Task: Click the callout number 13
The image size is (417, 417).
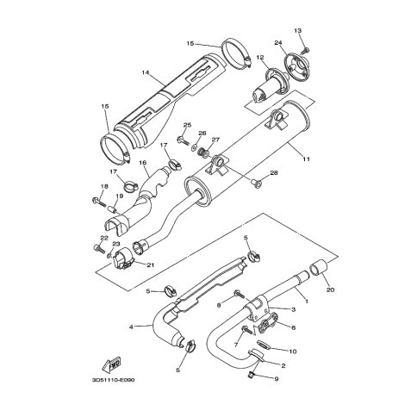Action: tap(298, 30)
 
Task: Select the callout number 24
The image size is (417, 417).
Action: tap(277, 43)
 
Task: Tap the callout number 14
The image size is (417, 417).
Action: tap(146, 72)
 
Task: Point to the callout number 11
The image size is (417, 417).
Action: tap(306, 159)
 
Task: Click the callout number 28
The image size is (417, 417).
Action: tap(274, 173)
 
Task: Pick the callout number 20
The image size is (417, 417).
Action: tap(331, 290)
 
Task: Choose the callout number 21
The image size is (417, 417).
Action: tap(151, 265)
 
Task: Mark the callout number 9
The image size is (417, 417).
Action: tap(277, 379)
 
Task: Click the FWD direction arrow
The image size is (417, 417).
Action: tap(111, 364)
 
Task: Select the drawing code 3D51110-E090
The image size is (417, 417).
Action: tap(113, 380)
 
